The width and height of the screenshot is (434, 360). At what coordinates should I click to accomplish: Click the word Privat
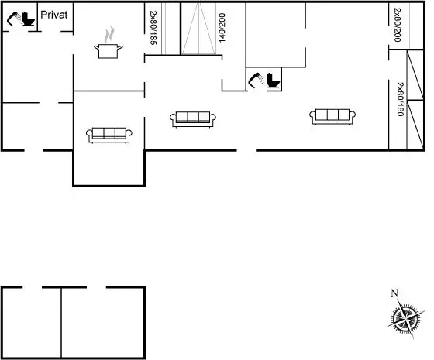pyautogui.click(x=54, y=15)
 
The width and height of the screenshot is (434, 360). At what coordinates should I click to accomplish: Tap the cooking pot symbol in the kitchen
pyautogui.click(x=108, y=51)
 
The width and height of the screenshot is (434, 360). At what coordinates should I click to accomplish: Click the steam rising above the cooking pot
pyautogui.click(x=109, y=34)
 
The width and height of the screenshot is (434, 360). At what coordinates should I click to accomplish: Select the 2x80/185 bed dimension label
pyautogui.click(x=153, y=28)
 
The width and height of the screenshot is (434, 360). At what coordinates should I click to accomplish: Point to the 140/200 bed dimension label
pyautogui.click(x=222, y=28)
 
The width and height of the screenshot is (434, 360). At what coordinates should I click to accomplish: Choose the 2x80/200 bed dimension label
pyautogui.click(x=398, y=25)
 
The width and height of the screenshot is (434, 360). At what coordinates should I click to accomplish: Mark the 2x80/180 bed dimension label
pyautogui.click(x=400, y=99)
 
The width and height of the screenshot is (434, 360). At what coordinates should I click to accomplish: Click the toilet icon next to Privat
pyautogui.click(x=29, y=19)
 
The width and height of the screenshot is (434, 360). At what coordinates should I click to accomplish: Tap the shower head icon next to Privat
pyautogui.click(x=14, y=19)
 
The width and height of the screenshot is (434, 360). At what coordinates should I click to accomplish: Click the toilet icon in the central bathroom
pyautogui.click(x=274, y=81)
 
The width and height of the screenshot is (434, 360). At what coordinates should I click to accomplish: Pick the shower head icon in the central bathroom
pyautogui.click(x=257, y=80)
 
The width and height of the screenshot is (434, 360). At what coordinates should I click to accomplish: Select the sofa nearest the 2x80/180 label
pyautogui.click(x=332, y=117)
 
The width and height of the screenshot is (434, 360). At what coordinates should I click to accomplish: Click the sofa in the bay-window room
pyautogui.click(x=109, y=135)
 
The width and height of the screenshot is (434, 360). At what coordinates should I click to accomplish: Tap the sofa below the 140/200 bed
pyautogui.click(x=193, y=119)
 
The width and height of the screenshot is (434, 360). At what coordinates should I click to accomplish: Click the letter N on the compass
pyautogui.click(x=394, y=293)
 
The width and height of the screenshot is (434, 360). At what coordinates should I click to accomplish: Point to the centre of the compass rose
pyautogui.click(x=405, y=318)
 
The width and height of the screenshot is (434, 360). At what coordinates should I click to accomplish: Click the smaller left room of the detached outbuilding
pyautogui.click(x=31, y=322)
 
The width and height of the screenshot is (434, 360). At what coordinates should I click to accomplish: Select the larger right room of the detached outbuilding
pyautogui.click(x=102, y=322)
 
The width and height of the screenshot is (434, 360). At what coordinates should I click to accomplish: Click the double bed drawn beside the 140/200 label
pyautogui.click(x=198, y=29)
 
